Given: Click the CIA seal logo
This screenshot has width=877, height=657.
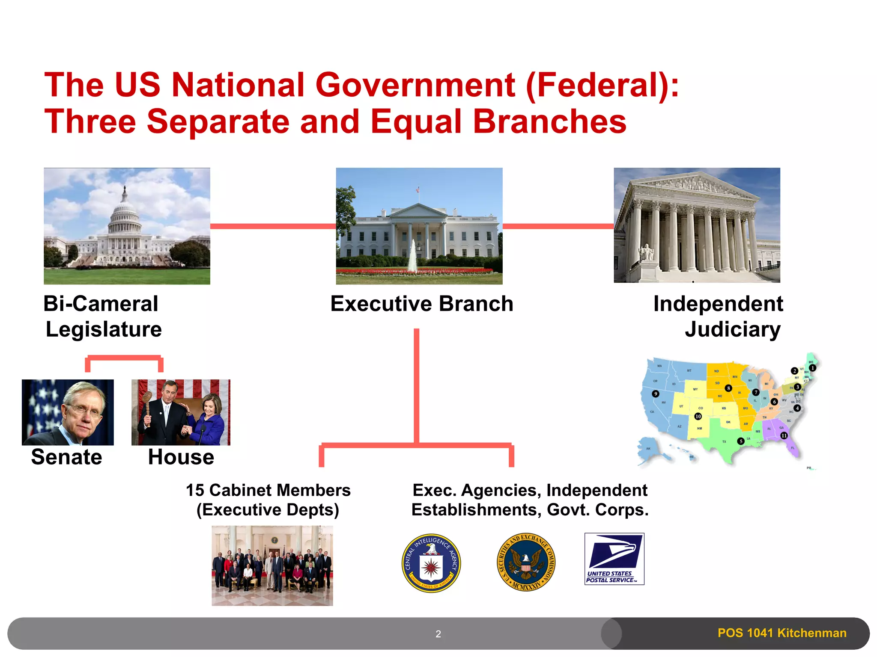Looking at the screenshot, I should (x=431, y=563).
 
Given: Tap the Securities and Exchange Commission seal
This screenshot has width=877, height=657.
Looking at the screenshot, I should (x=526, y=562).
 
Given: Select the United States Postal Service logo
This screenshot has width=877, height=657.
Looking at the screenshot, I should (x=614, y=559).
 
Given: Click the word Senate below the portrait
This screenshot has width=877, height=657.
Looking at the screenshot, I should (x=67, y=457).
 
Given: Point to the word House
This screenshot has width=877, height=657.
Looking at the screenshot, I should (x=181, y=457).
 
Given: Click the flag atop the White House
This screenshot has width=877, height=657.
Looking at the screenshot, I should (x=418, y=189).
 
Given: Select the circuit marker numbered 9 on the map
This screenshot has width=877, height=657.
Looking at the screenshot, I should (x=655, y=394).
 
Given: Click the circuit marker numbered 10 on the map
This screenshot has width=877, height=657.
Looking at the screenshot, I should (x=698, y=416).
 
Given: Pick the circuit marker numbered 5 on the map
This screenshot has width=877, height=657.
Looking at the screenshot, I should (x=741, y=441).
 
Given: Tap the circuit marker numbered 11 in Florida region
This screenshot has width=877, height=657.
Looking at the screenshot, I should (x=784, y=435).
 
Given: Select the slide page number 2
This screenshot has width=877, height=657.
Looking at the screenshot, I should (x=438, y=634).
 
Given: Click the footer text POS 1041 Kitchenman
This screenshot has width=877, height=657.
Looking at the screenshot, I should (x=782, y=633).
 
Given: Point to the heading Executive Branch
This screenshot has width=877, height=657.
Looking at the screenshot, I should (x=421, y=304).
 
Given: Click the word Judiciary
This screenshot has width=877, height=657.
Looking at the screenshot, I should (x=732, y=329).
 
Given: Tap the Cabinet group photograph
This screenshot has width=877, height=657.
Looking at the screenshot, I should (x=272, y=565).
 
